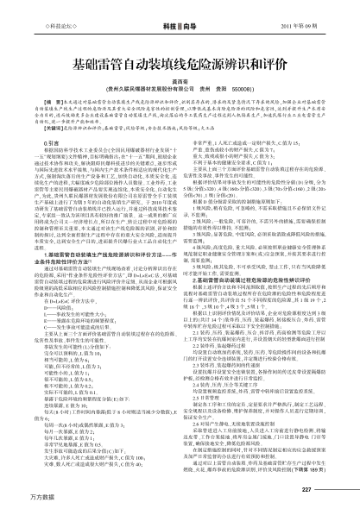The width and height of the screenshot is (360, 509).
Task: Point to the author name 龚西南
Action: point(180,79)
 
